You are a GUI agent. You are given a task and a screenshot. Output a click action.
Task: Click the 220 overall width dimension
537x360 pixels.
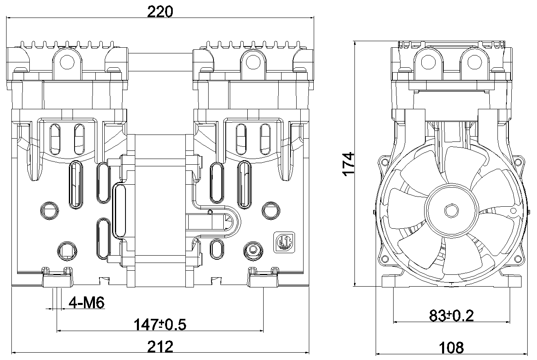pos(160,11)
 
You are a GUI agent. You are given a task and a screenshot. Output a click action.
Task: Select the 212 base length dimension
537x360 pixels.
pos(160,347)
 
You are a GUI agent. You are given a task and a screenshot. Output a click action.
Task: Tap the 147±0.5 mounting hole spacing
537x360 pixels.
pos(160,325)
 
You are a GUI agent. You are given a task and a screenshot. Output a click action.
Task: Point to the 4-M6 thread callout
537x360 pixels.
pos(86,303)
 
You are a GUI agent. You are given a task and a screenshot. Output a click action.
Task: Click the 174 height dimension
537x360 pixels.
pos(349,164)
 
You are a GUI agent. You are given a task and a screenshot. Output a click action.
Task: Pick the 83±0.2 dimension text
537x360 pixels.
pos(451,316)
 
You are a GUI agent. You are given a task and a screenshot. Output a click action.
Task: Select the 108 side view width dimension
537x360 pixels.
pos(451,347)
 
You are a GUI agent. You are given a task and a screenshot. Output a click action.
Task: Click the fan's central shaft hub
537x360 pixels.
pos(451,211)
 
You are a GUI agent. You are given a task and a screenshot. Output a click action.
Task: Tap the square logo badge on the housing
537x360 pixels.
pos(284,242)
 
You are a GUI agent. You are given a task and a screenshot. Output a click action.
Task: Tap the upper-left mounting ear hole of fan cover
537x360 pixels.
pos(385,163)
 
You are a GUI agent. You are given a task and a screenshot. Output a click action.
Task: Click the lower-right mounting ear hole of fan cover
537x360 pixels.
pos(518,259)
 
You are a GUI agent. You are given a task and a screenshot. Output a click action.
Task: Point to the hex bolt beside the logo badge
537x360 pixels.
pos(253,251)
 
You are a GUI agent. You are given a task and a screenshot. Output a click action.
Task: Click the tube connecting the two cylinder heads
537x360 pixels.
pos(160,62)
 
